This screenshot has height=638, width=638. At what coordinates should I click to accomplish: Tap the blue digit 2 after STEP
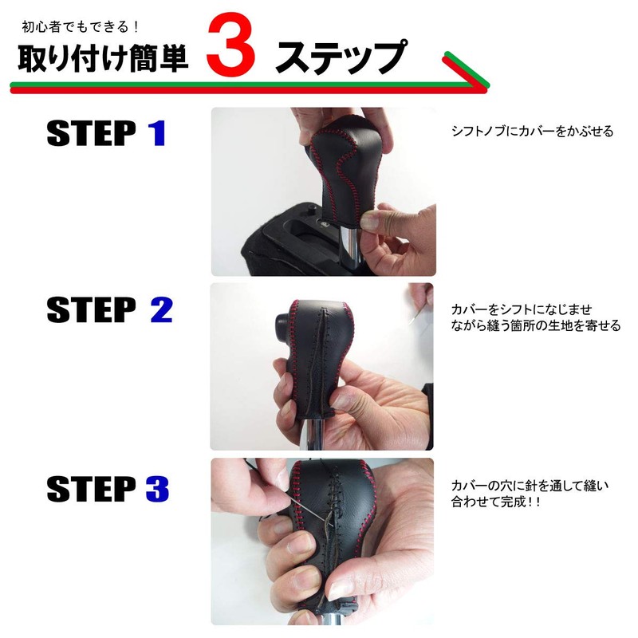pos(161,310)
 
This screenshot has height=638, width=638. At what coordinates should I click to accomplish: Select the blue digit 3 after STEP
pos(157,488)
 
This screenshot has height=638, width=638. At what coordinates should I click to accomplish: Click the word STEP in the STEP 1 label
pos(91,133)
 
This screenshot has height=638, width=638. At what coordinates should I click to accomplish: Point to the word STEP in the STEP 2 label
pos(91,310)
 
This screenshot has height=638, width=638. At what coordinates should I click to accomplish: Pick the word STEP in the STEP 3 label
pos(91,488)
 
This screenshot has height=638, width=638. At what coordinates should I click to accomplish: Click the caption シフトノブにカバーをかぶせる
pos(532,132)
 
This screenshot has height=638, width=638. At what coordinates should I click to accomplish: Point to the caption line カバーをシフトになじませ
pos(522,309)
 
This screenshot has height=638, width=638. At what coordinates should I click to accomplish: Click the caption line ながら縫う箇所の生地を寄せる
pos(535,326)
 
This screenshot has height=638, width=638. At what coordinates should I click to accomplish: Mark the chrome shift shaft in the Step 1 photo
pos(349,247)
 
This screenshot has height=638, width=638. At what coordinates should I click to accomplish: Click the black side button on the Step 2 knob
pos(284,325)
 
